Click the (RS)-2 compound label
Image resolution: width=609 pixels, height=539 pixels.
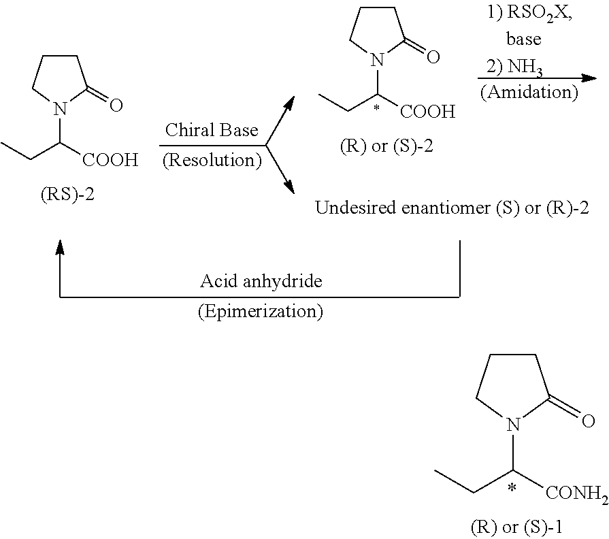[67, 194]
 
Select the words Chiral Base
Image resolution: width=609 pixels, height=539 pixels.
[212, 130]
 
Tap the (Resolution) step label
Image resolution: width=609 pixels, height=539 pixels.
[212, 160]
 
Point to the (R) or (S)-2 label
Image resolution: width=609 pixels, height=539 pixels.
[386, 146]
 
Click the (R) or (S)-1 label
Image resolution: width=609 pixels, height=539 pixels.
[516, 527]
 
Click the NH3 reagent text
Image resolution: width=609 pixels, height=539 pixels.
[525, 67]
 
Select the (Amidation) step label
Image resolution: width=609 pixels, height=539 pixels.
[529, 93]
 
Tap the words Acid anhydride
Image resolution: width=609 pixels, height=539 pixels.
[261, 281]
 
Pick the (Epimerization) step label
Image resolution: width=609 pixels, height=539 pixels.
[260, 312]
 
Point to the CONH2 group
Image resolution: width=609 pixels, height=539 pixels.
[576, 494]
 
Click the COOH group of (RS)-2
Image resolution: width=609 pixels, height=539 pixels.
[110, 160]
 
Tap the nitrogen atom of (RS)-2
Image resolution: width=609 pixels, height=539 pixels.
[59, 109]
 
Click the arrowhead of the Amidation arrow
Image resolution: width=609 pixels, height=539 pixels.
[589, 78]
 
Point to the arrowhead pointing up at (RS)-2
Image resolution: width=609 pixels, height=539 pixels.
[59, 247]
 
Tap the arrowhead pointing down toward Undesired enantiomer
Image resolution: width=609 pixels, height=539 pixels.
[289, 186]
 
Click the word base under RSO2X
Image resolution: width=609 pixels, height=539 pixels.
[524, 39]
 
